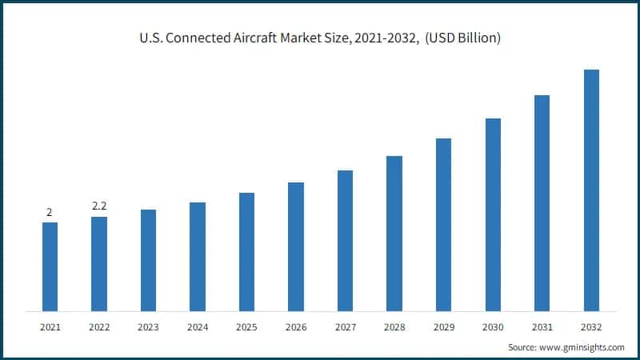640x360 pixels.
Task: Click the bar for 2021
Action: pos(50,266)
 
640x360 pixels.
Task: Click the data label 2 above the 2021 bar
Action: pos(50,212)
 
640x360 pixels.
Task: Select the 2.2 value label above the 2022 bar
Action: pos(99,206)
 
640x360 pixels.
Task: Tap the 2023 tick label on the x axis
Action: pos(148,326)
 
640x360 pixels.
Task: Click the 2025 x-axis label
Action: pos(246,326)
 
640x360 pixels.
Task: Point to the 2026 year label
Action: pos(296,326)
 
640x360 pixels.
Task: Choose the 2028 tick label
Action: pos(394,326)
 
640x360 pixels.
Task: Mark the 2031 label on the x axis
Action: pos(542,326)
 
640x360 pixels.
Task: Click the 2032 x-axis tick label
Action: pos(591,326)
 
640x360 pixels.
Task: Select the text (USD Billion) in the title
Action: pos(463,38)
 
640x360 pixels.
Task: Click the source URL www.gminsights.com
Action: pos(582,347)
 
